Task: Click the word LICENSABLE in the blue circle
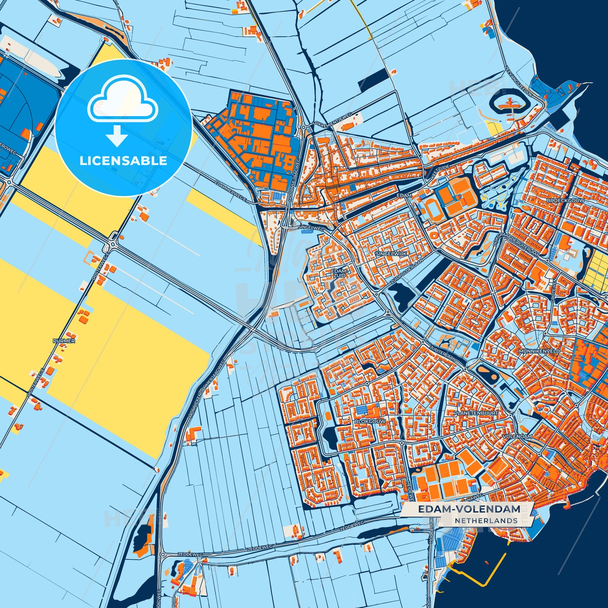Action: click(123, 161)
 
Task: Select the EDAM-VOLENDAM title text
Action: click(469, 509)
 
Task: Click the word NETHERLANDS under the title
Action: click(486, 520)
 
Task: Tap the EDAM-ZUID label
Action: click(339, 273)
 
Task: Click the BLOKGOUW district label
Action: click(370, 421)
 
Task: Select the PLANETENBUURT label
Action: click(476, 413)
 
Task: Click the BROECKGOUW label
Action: click(565, 201)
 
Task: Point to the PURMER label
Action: click(64, 340)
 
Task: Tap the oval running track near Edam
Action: click(432, 208)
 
